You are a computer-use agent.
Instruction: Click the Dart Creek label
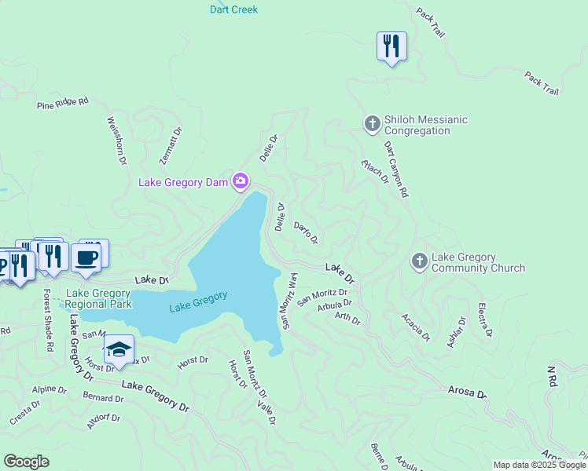233,9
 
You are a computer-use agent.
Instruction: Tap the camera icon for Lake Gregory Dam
241,182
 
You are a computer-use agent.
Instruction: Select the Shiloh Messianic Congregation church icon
372,123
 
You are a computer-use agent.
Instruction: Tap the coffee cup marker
86,257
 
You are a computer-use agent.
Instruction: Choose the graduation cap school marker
119,350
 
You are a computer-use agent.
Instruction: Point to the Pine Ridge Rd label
63,103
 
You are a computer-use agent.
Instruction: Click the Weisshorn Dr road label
117,141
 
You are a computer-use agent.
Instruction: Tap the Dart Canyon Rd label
396,169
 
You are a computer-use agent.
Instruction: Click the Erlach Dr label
375,171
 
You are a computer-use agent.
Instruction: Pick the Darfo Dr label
306,232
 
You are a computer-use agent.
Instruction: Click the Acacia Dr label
416,327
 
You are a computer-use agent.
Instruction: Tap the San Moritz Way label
288,301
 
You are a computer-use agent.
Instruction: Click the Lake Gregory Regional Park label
99,298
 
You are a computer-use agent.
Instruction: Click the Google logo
26,462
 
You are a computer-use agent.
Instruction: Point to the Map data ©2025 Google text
538,465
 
